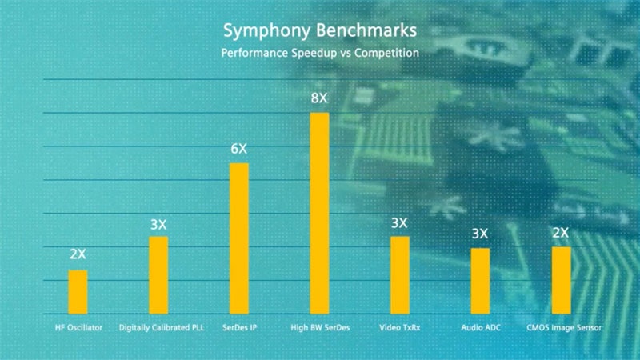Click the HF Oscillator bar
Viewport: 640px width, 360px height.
pyautogui.click(x=78, y=292)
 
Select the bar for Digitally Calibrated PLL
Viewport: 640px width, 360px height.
pyautogui.click(x=158, y=275)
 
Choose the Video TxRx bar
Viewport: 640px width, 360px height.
pyautogui.click(x=399, y=275)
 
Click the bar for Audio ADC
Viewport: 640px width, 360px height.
pyautogui.click(x=480, y=281)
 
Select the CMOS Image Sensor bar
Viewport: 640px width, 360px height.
pyautogui.click(x=560, y=280)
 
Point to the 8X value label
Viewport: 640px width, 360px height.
pyautogui.click(x=319, y=99)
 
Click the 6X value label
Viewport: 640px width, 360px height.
pyautogui.click(x=239, y=150)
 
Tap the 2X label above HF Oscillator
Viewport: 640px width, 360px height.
pyautogui.click(x=78, y=255)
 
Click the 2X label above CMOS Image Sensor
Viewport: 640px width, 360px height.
pyautogui.click(x=560, y=233)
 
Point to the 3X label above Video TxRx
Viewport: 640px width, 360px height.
pyautogui.click(x=399, y=222)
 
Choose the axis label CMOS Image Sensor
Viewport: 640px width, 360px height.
pyautogui.click(x=563, y=327)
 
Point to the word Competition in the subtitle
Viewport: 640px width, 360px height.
pyautogui.click(x=384, y=54)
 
